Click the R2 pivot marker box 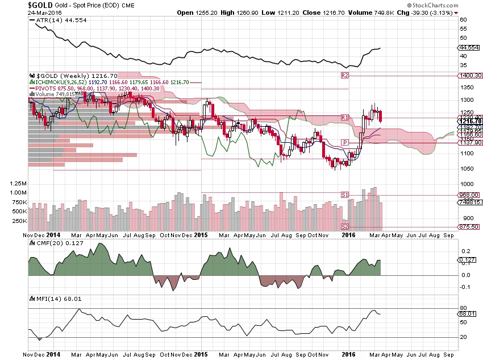tap(344, 75)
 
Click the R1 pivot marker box tap(344, 117)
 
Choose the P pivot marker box tap(344, 142)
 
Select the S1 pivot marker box tap(344, 195)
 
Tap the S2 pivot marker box tap(344, 227)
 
